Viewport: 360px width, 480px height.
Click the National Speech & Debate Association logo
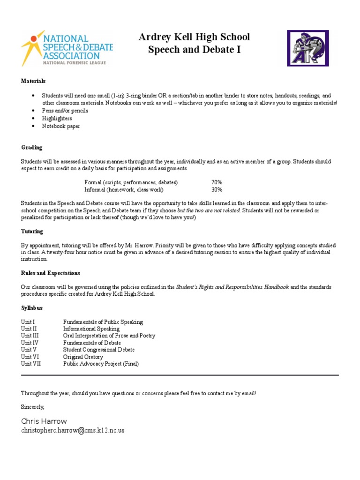(67, 48)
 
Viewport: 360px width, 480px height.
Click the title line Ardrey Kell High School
(194, 37)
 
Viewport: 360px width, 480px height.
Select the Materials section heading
(33, 81)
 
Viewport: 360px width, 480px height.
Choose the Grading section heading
(31, 147)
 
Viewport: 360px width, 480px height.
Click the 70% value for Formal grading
(217, 182)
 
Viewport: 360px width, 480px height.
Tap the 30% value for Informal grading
(217, 190)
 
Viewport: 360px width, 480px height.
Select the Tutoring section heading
(32, 231)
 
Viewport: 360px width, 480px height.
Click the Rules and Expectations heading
(50, 273)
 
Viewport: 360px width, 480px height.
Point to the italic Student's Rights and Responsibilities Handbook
(232, 287)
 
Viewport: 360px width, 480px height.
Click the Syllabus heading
(32, 307)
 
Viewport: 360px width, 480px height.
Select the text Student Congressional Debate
(99, 350)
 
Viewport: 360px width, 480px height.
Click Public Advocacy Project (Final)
(101, 364)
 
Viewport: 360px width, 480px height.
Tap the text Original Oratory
(83, 357)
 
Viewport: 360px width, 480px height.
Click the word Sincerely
(32, 407)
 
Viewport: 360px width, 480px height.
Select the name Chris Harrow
(44, 421)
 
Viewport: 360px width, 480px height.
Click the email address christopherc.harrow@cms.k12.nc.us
(73, 430)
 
